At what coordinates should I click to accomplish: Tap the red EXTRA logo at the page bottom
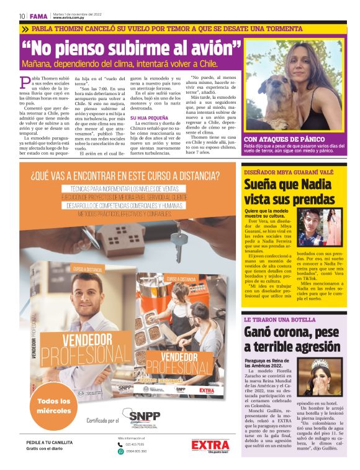tap(210, 445)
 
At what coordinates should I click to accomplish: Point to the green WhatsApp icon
tap(121, 451)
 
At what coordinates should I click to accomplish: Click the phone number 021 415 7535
tap(135, 444)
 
